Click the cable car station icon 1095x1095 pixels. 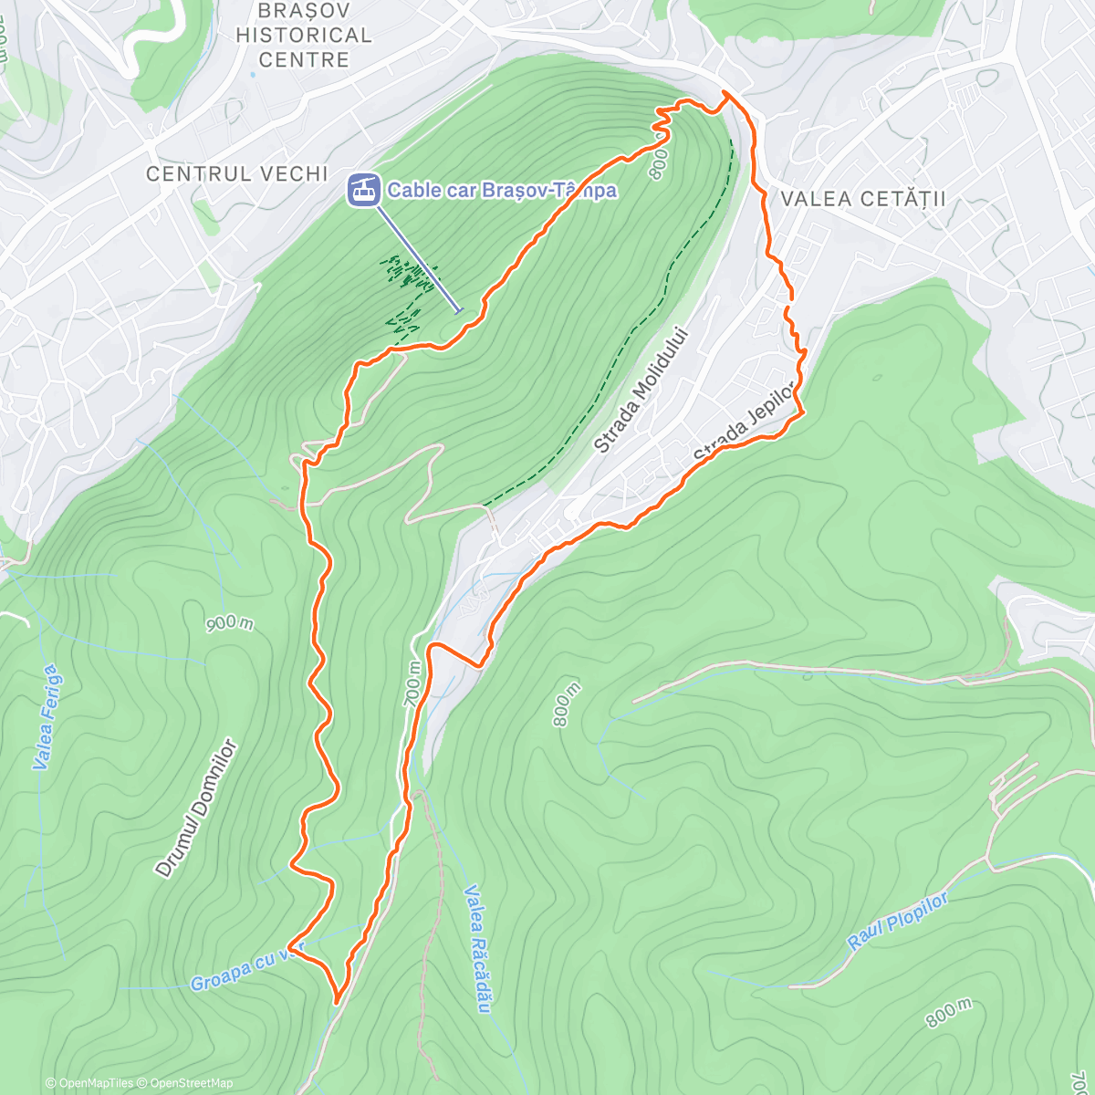click(x=362, y=190)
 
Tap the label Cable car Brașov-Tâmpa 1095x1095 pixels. click(x=502, y=191)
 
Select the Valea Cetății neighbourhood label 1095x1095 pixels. click(x=863, y=199)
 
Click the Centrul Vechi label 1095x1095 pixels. click(x=237, y=173)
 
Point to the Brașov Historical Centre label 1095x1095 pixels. click(x=304, y=36)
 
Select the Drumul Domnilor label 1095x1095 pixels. click(x=196, y=808)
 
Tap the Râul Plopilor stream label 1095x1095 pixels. click(x=899, y=922)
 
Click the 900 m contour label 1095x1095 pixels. click(x=229, y=623)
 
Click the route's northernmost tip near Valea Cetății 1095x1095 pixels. click(x=725, y=92)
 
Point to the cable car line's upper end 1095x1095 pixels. click(x=459, y=311)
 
